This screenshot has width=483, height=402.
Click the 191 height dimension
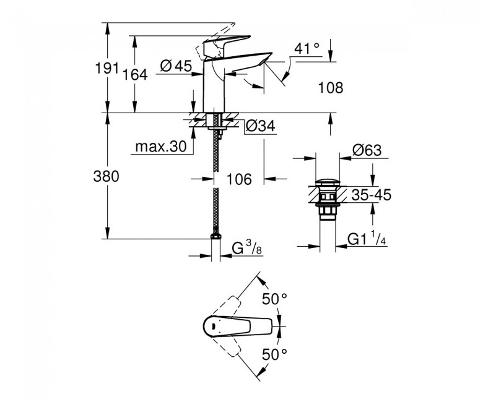tap(107, 68)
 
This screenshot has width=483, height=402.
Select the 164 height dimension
tap(135, 75)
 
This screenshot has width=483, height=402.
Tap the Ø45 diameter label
tap(176, 66)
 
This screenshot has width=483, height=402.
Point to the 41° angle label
tap(307, 48)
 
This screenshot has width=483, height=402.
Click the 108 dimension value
tap(331, 88)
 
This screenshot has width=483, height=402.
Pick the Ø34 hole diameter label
tap(260, 126)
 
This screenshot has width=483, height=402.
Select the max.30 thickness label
tap(161, 147)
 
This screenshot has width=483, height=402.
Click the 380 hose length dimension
tap(106, 177)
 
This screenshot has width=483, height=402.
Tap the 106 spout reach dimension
tap(239, 179)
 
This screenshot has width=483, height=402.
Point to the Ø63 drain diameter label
tap(367, 150)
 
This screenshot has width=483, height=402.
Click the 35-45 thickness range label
tap(371, 195)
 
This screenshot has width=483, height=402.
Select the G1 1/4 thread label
tap(367, 239)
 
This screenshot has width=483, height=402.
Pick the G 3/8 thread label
tap(246, 248)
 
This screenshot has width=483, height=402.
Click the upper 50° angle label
tap(274, 299)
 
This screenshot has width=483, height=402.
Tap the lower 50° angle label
tap(274, 354)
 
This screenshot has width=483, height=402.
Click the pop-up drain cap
tap(328, 182)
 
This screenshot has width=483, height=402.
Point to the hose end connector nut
tap(215, 236)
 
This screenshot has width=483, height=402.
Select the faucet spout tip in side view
tap(265, 59)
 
